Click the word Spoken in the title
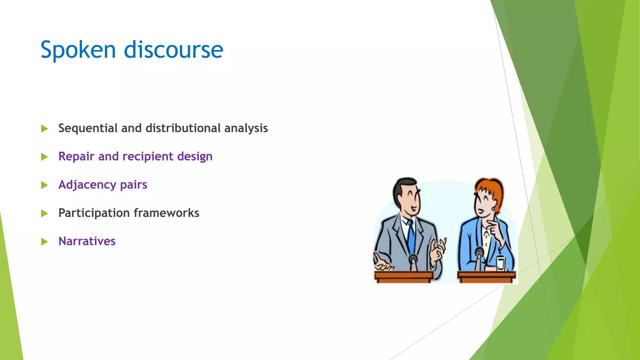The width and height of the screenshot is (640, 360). click(78, 50)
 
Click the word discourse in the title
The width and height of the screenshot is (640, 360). click(173, 50)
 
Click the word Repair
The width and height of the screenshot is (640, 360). click(76, 157)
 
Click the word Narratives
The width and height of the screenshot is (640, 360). click(87, 242)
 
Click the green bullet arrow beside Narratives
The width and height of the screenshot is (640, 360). click(44, 242)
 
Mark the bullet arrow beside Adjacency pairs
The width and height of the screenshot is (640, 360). click(44, 185)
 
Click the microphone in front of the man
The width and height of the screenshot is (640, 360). click(413, 261)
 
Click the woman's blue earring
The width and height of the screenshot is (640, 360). click(493, 208)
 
